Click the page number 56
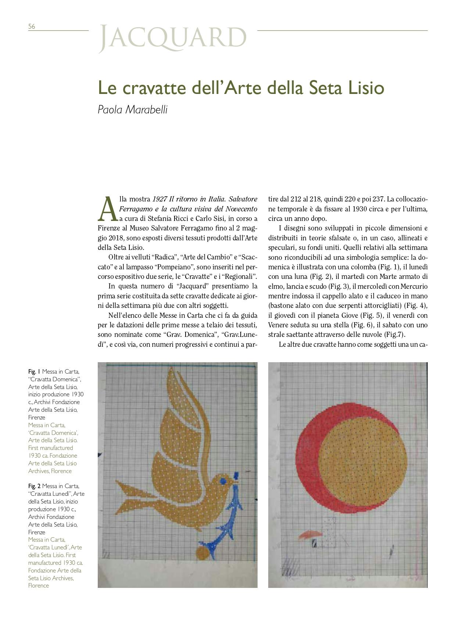pyautogui.click(x=32, y=26)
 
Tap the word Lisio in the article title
pyautogui.click(x=363, y=88)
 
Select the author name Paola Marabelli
pyautogui.click(x=132, y=109)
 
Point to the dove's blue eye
pyautogui.click(x=222, y=481)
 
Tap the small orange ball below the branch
pyautogui.click(x=201, y=552)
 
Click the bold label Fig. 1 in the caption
pyautogui.click(x=35, y=371)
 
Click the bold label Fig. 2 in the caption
pyautogui.click(x=35, y=486)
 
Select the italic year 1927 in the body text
pyautogui.click(x=160, y=199)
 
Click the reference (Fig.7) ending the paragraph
pyautogui.click(x=396, y=334)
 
